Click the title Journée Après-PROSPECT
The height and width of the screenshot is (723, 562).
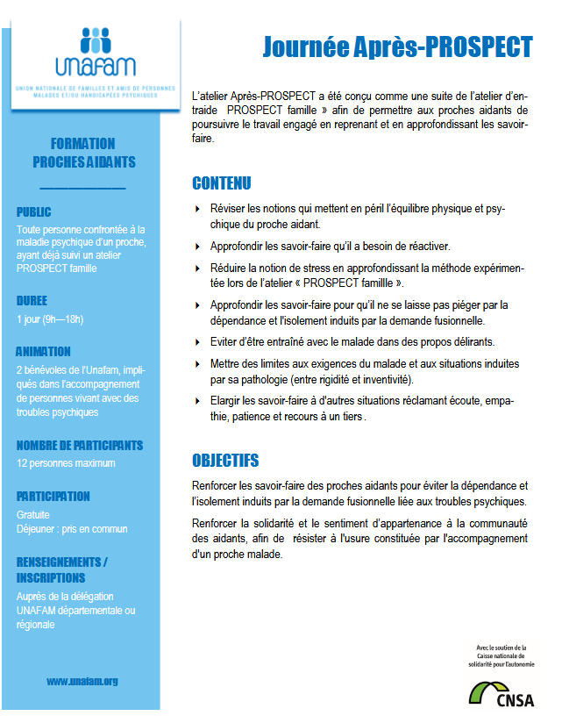(397, 47)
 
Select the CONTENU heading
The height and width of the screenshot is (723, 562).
(221, 183)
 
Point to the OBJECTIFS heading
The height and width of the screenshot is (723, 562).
(225, 461)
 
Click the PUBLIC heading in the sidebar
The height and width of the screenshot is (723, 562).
(34, 211)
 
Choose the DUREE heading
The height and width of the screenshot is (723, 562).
(32, 300)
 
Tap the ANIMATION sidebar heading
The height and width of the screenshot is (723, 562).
(44, 352)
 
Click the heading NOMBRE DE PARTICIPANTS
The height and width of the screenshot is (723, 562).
(80, 445)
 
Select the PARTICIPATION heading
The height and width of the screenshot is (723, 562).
(53, 496)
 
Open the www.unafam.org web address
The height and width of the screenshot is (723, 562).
(82, 681)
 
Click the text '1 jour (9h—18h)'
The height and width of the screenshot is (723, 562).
(49, 319)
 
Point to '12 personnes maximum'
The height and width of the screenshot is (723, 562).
(66, 462)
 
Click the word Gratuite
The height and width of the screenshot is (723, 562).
(33, 514)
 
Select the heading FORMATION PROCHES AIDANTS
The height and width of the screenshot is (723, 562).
(83, 153)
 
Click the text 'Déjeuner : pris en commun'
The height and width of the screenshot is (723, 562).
(72, 528)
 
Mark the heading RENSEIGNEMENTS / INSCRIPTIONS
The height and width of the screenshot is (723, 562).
(62, 569)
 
